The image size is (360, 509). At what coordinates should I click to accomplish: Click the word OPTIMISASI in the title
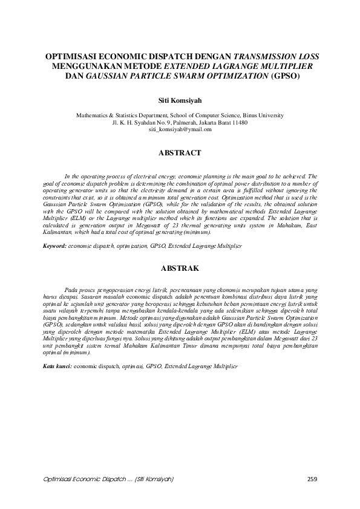point(72,56)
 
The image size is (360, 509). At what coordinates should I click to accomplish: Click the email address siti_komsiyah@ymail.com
point(180,129)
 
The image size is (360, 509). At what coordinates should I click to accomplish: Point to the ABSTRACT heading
point(180,154)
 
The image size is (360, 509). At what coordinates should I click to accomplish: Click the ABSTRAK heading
point(180,267)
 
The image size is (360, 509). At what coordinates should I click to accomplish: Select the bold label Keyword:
point(54,247)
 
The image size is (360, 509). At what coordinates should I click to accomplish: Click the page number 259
point(312,479)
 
